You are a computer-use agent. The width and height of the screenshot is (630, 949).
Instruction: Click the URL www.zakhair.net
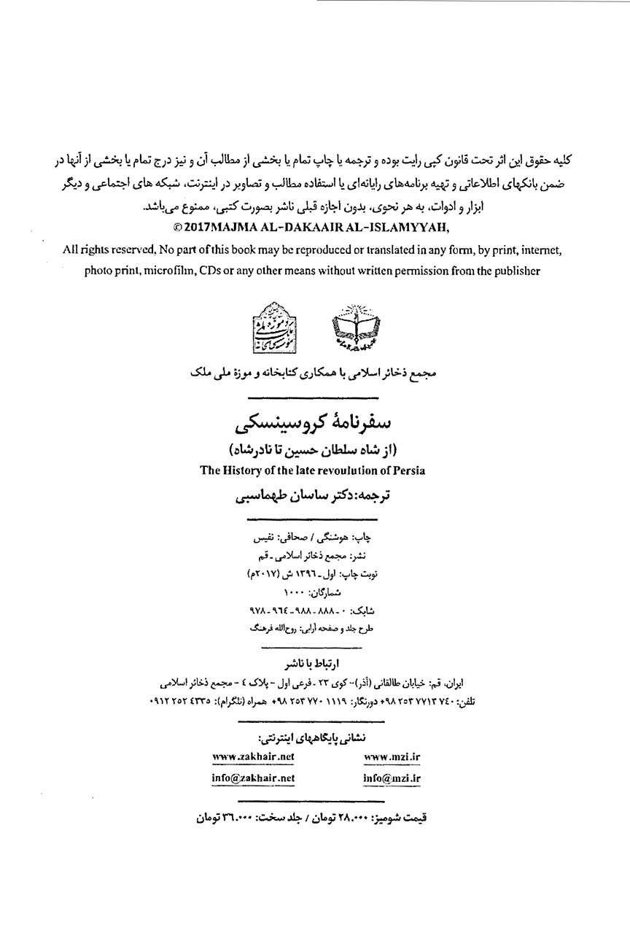click(253, 757)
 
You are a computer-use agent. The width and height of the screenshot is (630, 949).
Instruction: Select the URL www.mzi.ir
click(392, 757)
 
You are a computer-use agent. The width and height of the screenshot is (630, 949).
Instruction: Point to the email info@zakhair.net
click(253, 778)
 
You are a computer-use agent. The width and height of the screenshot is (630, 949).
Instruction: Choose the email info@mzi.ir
click(392, 778)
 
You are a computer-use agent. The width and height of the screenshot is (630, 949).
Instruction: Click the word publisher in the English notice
click(516, 271)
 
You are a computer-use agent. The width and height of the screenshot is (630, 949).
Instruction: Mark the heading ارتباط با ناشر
click(315, 664)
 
